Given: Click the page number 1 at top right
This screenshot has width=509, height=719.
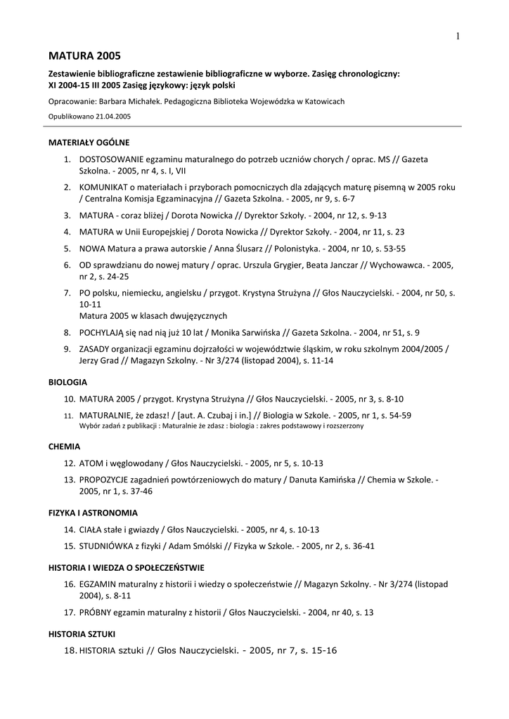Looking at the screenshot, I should tap(458, 37).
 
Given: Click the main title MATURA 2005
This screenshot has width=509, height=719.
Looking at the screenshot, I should tap(84, 55).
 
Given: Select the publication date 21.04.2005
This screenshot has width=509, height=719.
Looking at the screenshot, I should tap(113, 117).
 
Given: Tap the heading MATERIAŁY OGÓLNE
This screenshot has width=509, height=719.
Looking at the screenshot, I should tap(89, 142).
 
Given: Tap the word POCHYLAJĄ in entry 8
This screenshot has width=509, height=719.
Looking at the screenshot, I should tap(101, 332).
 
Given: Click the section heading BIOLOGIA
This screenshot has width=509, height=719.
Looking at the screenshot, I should tap(67, 383).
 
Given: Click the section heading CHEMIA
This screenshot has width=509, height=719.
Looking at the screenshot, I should tap(64, 446).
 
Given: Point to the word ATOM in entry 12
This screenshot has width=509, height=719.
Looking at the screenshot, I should tap(91, 463).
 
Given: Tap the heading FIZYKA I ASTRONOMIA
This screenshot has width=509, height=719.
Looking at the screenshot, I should tap(93, 513).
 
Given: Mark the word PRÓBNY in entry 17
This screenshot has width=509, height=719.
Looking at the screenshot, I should tap(96, 612).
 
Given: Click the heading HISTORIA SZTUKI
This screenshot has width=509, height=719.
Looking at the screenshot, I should tap(82, 634).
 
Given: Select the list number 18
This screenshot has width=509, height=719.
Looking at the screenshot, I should tap(70, 651).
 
